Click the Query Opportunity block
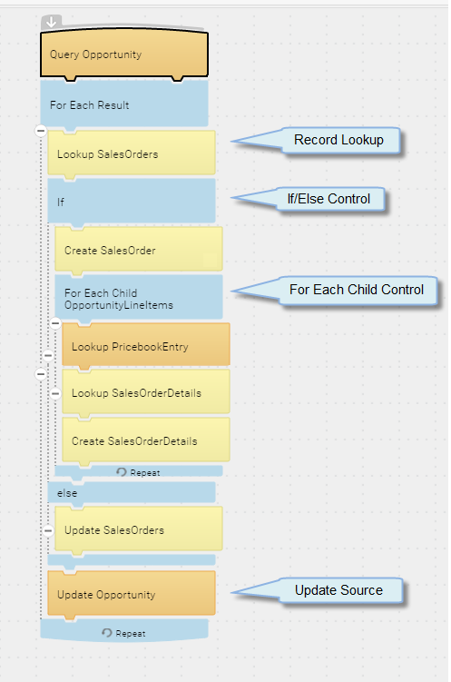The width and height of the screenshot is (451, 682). [x=124, y=54]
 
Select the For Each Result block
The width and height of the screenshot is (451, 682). [x=124, y=104]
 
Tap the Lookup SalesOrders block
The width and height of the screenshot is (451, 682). [x=132, y=153]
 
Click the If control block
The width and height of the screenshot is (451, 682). [x=132, y=201]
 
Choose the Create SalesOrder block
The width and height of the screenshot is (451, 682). [x=139, y=250]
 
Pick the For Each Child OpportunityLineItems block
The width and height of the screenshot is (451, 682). [x=139, y=298]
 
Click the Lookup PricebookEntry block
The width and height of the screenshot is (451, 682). [x=146, y=346]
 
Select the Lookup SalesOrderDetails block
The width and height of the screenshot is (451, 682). [x=146, y=392]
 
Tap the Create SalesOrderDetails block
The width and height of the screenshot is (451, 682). [x=146, y=440]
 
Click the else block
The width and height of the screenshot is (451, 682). [x=132, y=492]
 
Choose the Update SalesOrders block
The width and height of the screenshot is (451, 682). [x=139, y=529]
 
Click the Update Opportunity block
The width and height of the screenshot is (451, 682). [x=132, y=594]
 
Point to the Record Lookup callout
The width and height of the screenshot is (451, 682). [x=338, y=140]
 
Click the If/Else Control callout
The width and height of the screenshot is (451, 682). [x=328, y=199]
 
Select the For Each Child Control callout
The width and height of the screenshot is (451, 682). [x=357, y=290]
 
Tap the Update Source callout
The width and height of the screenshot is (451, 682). [x=338, y=590]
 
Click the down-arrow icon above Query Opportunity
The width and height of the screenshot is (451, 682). [x=51, y=22]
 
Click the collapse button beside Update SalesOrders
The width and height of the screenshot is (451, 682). [x=48, y=530]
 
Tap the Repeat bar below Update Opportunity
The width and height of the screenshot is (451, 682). [x=124, y=630]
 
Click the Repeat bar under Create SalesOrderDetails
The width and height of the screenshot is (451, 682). [x=139, y=471]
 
